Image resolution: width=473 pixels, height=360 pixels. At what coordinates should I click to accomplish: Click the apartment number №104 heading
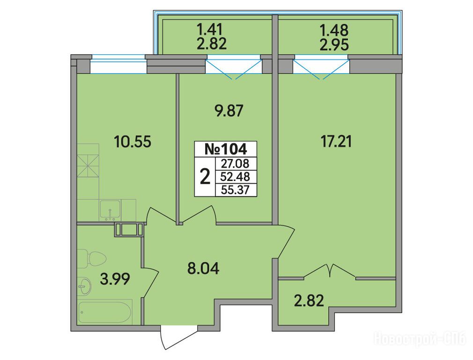coord(226,149)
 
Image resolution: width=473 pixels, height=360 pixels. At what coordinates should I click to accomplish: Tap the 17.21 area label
coord(336,142)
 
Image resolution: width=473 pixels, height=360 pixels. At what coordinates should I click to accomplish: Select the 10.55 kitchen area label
coord(133,142)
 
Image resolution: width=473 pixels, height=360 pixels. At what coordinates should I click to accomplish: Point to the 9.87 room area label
coord(228,111)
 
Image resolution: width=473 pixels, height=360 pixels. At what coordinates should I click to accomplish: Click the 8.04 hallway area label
coord(203,269)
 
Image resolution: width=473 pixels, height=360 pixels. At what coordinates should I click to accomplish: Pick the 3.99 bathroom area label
coord(115,279)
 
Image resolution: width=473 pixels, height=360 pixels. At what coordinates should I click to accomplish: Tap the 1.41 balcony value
coord(210,30)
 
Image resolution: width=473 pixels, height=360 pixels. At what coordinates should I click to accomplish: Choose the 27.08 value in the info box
coord(235,164)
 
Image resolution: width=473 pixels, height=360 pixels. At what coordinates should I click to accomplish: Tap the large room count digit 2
coord(205,177)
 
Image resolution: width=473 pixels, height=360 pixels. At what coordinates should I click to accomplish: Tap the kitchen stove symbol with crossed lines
coord(88,166)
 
